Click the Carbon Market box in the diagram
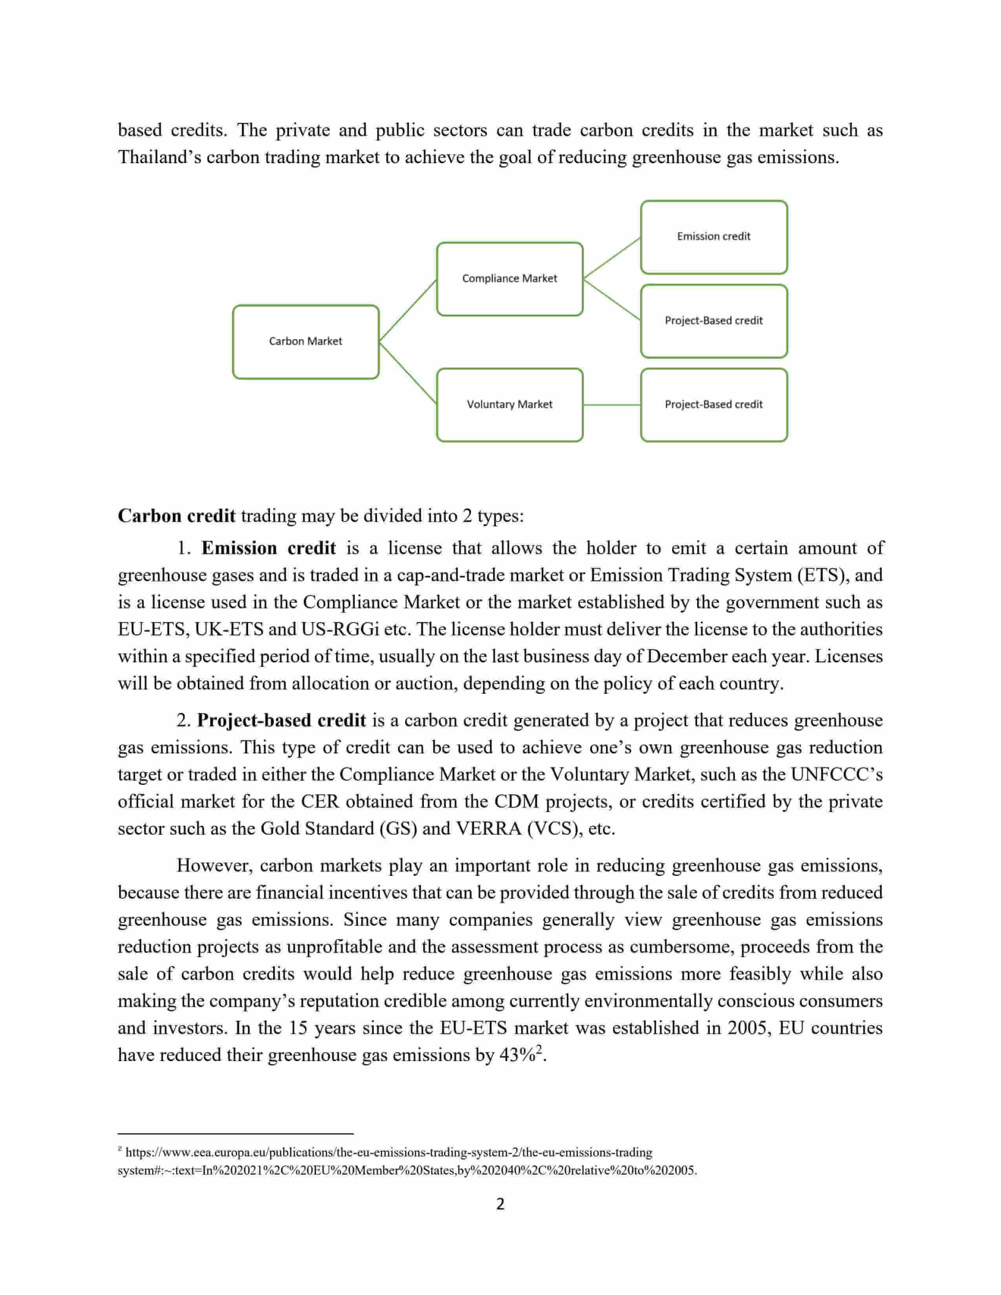tap(305, 341)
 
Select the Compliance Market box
tap(510, 279)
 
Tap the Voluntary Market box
tap(510, 404)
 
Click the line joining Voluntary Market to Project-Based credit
tap(611, 405)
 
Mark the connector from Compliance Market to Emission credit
tap(611, 258)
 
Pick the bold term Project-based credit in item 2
tap(282, 720)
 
